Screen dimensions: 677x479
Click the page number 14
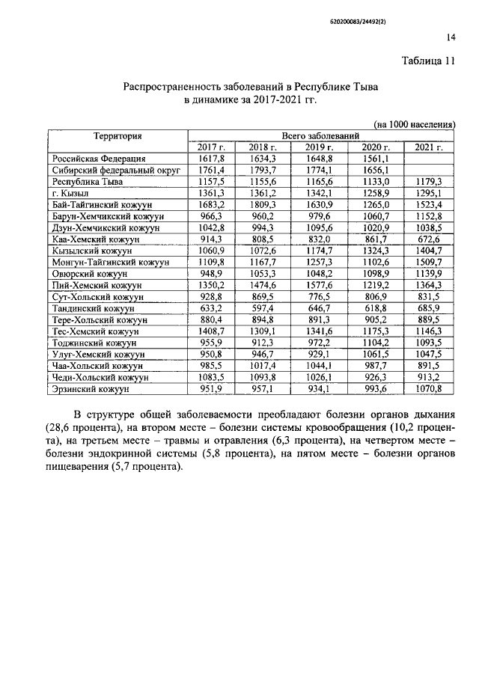tap(451, 37)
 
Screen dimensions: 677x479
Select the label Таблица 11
tap(427, 61)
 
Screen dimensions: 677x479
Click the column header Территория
tap(118, 135)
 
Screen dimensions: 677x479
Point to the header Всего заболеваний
tap(320, 135)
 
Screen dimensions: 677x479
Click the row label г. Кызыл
tap(68, 192)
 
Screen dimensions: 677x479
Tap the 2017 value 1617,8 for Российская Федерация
tap(211, 159)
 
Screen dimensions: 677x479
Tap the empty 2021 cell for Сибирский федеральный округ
tap(430, 170)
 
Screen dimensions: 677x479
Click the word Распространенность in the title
tap(175, 88)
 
